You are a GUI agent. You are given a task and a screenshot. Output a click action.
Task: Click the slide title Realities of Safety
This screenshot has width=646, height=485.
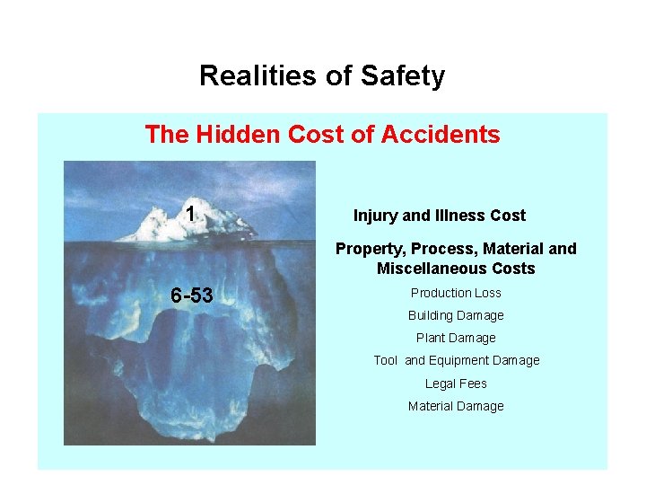coord(321,76)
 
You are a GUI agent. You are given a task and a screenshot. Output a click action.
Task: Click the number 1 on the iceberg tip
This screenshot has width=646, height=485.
coord(190,213)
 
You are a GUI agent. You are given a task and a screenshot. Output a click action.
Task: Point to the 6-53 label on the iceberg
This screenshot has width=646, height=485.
coord(192,295)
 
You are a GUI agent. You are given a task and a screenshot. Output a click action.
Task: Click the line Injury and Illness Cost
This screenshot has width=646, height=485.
coord(439,216)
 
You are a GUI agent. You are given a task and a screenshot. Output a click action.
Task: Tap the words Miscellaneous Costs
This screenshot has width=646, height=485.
coord(456,269)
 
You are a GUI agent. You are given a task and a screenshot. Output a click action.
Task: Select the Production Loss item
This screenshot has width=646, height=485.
coord(456,293)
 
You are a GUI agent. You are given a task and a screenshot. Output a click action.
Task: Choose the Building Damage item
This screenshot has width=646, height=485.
coord(456,315)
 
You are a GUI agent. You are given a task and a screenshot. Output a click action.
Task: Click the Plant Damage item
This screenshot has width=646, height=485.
coord(456,338)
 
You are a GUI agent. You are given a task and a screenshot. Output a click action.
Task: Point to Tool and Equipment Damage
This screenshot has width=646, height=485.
coord(457,360)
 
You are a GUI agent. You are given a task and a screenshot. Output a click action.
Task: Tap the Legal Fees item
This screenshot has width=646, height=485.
coord(456,384)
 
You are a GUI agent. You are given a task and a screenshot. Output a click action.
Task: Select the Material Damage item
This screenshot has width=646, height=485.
coord(456,406)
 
